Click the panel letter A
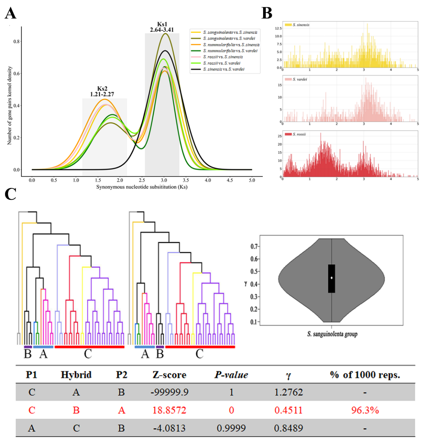tap(10, 14)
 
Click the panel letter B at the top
tap(267, 14)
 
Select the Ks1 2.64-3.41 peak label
tap(162, 27)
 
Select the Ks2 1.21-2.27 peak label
tap(102, 91)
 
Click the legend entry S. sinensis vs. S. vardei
tap(223, 70)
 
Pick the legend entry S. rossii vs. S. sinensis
tap(223, 57)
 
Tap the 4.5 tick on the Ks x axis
tap(230, 180)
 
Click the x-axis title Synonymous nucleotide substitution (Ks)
tap(142, 187)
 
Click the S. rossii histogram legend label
tap(299, 134)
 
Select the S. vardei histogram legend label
tap(300, 80)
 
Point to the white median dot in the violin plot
tap(332, 278)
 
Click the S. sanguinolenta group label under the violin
tap(332, 334)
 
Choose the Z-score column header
tap(169, 375)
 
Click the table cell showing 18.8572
tap(169, 410)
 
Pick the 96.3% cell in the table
tap(365, 410)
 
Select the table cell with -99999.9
tap(169, 392)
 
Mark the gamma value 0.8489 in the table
tap(288, 428)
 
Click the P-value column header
tap(231, 375)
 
